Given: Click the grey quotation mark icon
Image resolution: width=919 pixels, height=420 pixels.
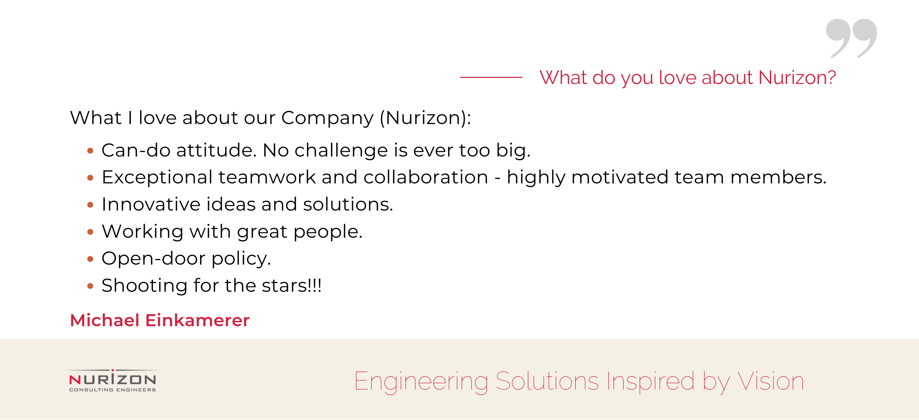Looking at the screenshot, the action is [x=851, y=38].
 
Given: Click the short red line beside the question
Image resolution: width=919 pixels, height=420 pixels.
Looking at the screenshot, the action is [x=491, y=77].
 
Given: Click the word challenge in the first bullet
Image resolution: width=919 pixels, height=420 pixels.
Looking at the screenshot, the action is [x=341, y=150].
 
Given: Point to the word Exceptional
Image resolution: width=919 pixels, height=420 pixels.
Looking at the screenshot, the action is [x=157, y=178].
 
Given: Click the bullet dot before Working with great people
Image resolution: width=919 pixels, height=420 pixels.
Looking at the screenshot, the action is [x=90, y=232].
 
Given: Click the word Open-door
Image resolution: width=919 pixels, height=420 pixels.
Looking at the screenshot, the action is [x=154, y=258].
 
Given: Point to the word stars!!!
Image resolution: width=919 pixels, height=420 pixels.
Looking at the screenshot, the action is [x=291, y=285].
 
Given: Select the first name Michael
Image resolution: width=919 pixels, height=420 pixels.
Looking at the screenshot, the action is [x=105, y=320].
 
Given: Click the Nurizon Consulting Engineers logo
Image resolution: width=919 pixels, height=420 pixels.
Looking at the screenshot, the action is [x=113, y=381].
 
